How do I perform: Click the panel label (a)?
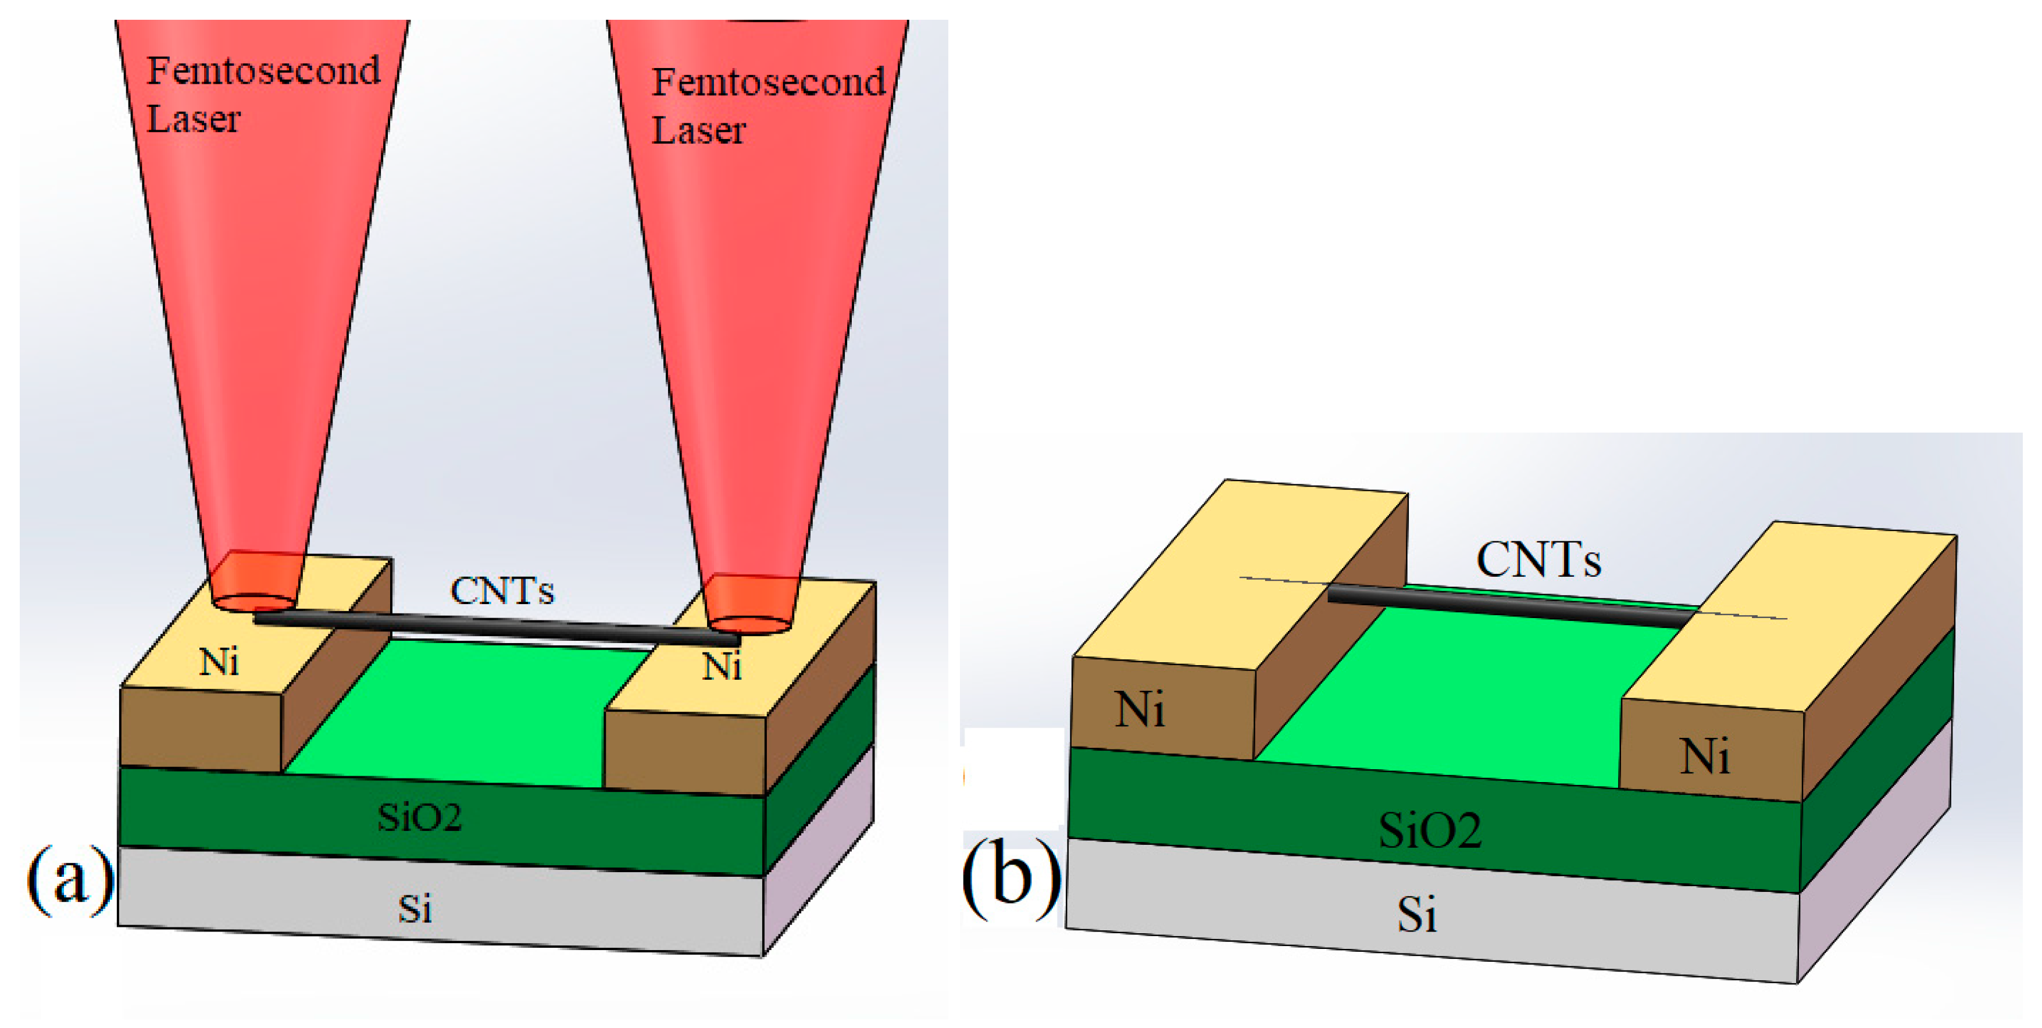coord(70,880)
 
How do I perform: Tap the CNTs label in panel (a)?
coord(502,591)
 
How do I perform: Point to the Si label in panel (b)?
coord(1416,915)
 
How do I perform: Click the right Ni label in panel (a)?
coord(722,666)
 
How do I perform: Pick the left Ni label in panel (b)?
coord(1140,709)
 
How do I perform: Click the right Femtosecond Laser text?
coord(767,105)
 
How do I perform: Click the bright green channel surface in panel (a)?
coord(460,713)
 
